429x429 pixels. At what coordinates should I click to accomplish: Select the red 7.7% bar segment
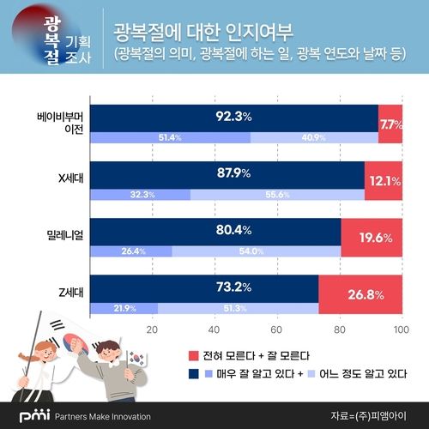point(390,125)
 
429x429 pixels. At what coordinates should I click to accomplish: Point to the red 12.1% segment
point(383,182)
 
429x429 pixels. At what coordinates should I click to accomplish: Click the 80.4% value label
point(215,231)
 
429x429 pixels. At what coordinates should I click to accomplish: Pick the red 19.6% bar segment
point(371,239)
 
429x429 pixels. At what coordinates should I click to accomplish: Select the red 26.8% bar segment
point(360,295)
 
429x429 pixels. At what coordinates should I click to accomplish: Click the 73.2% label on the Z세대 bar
point(204,287)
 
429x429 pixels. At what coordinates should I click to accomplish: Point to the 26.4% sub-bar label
point(131,251)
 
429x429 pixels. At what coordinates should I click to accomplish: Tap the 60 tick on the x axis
point(276,329)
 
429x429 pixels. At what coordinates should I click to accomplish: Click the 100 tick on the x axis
point(398,329)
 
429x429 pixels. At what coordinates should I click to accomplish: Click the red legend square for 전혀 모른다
point(193,353)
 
